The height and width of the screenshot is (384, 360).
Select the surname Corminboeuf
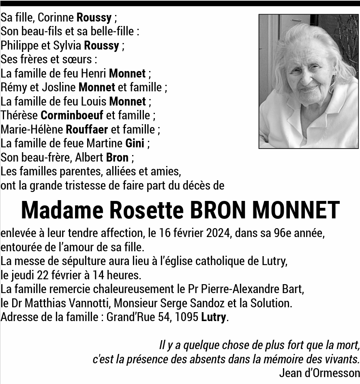(x=72, y=115)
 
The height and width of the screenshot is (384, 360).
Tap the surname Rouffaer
(x=87, y=129)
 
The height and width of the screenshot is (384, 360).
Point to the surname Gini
(x=135, y=143)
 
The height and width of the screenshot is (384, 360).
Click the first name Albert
(x=89, y=157)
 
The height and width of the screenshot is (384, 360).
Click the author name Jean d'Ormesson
(x=319, y=373)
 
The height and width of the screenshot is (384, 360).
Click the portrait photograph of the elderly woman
(x=309, y=81)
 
